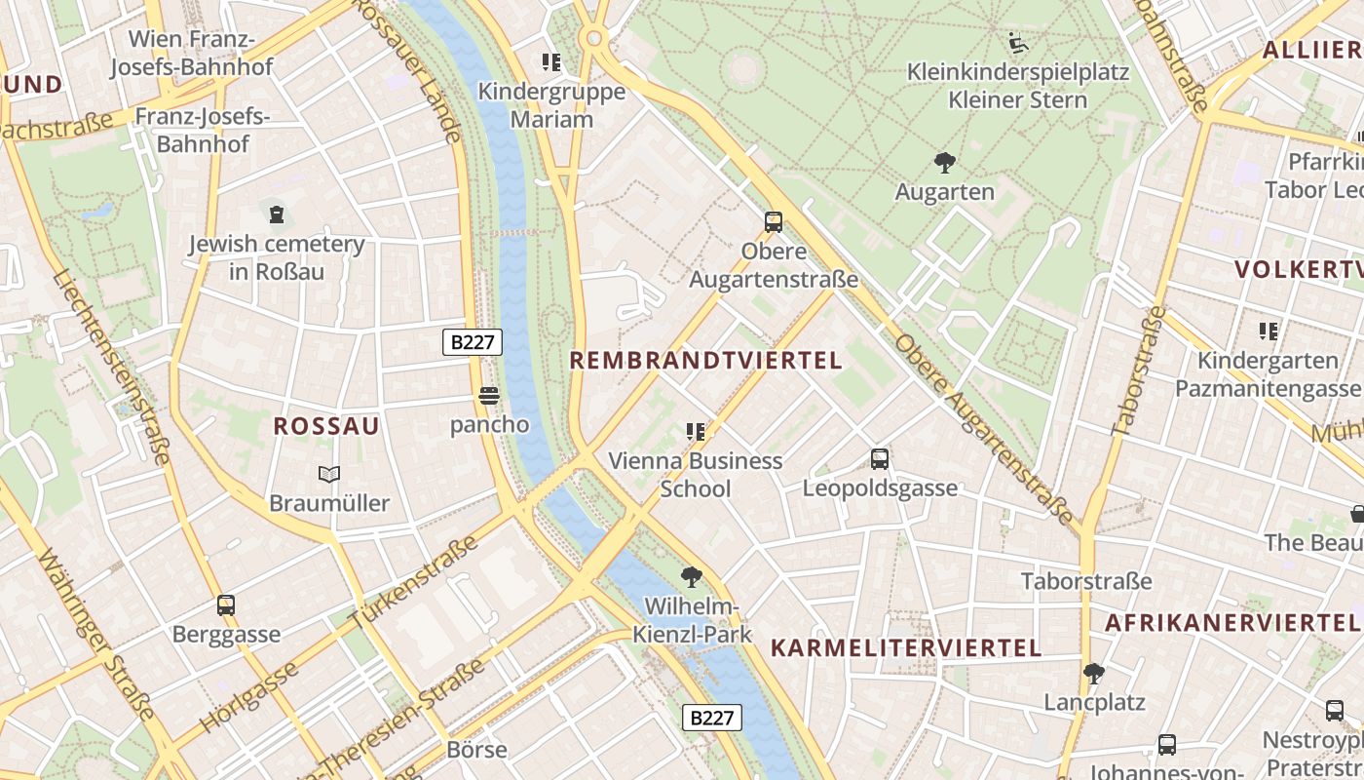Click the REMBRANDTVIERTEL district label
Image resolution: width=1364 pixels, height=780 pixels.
[705, 360]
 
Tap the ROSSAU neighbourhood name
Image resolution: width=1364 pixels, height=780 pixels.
[326, 426]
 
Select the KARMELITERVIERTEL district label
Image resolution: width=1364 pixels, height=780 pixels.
[906, 647]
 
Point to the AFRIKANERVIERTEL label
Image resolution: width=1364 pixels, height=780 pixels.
[1231, 621]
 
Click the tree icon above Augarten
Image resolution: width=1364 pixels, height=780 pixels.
[944, 163]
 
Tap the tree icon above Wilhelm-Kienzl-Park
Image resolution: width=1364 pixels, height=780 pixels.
[692, 576]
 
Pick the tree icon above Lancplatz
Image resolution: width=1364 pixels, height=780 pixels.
[1094, 673]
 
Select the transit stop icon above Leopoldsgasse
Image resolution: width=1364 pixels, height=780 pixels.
[880, 458]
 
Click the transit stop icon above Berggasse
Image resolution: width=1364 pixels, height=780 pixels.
[226, 604]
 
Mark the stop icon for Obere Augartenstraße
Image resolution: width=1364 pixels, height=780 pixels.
[774, 221]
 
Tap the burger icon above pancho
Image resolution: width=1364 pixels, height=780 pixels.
[489, 396]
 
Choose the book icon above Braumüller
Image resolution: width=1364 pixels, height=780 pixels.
[329, 475]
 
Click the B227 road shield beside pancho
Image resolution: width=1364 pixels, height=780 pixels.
[473, 341]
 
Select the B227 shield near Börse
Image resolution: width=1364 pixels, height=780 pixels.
[711, 718]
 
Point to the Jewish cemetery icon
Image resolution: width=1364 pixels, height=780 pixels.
[278, 214]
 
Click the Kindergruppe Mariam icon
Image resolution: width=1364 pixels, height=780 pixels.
[551, 63]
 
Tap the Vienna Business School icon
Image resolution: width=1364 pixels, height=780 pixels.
[695, 431]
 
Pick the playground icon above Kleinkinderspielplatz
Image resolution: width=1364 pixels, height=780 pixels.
[1018, 43]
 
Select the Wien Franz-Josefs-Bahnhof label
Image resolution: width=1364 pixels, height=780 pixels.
[192, 53]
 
